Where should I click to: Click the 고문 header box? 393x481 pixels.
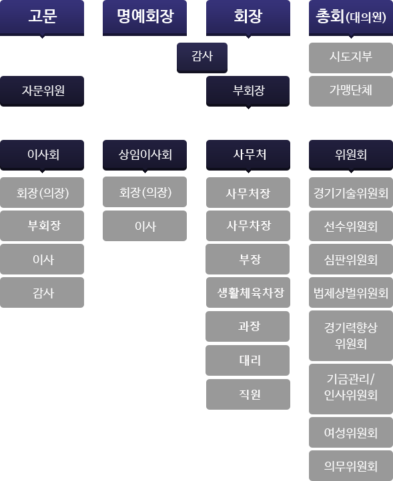(x=42, y=18)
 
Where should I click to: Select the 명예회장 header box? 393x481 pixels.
(x=145, y=18)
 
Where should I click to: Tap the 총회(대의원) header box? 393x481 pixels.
(x=351, y=18)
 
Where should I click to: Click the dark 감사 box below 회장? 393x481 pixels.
(x=202, y=58)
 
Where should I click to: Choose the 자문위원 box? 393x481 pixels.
(x=42, y=91)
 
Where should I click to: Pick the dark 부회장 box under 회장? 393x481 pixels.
(x=248, y=91)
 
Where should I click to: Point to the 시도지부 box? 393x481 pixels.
(x=351, y=58)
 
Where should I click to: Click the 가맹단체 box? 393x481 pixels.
(x=351, y=91)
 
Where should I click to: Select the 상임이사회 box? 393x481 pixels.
(x=145, y=155)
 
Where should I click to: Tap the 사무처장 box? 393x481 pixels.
(x=248, y=193)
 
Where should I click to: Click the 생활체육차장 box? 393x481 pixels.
(x=248, y=292)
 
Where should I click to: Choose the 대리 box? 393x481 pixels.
(x=248, y=360)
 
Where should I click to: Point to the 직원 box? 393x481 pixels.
(x=248, y=394)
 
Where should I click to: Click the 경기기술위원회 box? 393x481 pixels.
(x=351, y=193)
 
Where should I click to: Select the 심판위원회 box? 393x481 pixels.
(x=351, y=259)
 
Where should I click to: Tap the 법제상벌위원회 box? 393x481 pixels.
(x=351, y=292)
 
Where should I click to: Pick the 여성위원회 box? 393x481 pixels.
(x=351, y=432)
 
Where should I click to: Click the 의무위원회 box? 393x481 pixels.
(x=351, y=466)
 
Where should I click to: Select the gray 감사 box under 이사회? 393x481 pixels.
(x=42, y=292)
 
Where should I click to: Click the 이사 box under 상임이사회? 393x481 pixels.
(x=145, y=226)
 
